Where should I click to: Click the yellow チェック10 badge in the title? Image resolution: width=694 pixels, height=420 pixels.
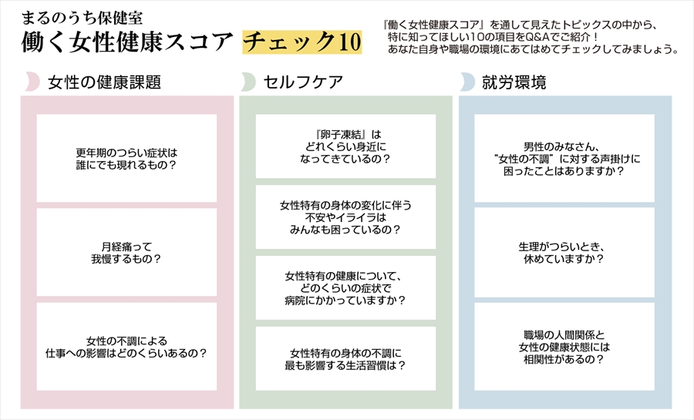coord(302,42)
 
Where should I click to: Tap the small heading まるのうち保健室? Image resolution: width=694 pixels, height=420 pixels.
coord(82,18)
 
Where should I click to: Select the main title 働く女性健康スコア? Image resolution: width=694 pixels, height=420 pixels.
coord(127,42)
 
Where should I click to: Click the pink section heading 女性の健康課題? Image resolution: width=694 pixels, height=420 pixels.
coord(104,82)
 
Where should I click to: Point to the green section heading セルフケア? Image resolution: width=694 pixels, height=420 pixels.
coord(303,82)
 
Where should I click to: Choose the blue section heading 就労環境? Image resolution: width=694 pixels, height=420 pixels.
coord(514,82)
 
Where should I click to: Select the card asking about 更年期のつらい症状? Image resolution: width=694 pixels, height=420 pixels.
coord(126,158)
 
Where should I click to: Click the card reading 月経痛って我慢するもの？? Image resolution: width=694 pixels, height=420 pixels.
coord(126,252)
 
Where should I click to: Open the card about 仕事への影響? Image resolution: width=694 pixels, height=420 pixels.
coord(126,347)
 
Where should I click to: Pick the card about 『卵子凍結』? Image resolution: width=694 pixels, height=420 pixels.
coord(345,146)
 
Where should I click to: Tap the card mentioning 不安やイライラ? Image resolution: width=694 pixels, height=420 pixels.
coord(345,217)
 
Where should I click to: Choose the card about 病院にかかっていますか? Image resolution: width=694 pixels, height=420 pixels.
coord(345,287)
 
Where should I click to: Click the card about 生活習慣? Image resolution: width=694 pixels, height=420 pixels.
coord(345,358)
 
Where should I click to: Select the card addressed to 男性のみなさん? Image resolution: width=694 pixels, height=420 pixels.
coord(564,158)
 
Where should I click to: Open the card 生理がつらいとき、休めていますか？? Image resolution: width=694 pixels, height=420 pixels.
coord(564,253)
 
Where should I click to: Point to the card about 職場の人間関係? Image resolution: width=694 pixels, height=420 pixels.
coord(564,347)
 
